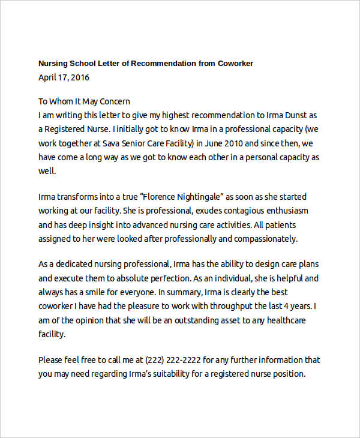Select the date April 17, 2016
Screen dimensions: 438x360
tap(64, 77)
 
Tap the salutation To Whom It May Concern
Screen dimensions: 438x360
tap(84, 101)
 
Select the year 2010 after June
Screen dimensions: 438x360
tap(232, 144)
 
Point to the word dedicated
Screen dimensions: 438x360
tap(77, 264)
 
